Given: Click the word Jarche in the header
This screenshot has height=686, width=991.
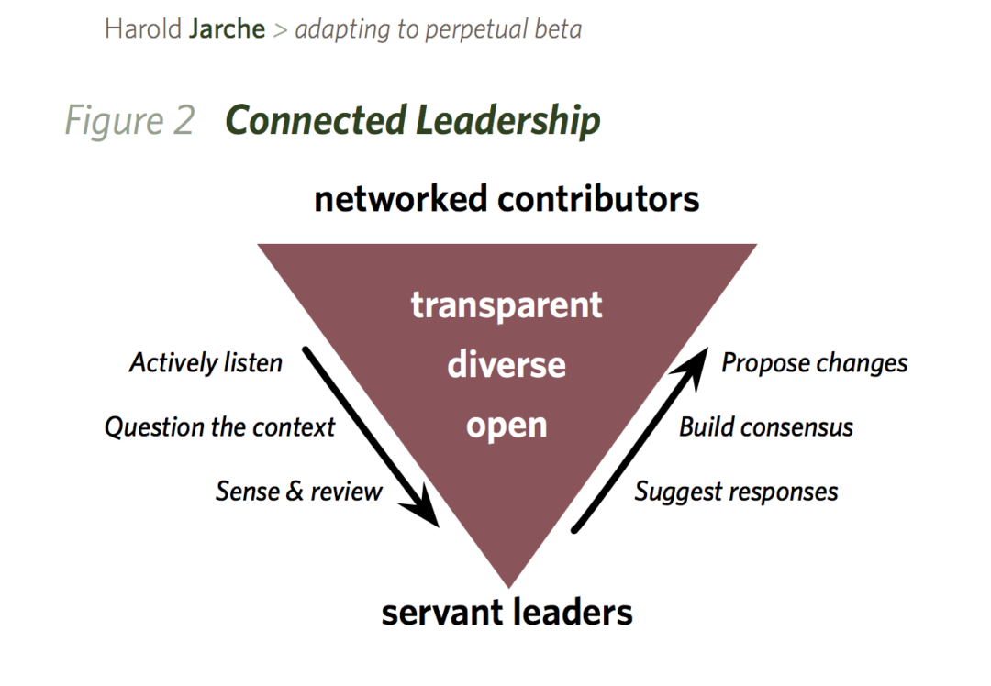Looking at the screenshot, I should pos(227,28).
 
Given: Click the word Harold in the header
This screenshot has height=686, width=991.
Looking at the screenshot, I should pos(143,28).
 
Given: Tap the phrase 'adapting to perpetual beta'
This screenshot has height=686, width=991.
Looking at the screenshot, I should pos(438,29).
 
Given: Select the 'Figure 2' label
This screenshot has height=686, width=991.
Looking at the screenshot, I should pos(129,121).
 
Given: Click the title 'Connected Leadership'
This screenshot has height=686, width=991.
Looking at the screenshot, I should pos(413,121).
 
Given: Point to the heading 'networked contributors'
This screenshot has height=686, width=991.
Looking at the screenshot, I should pos(507,199).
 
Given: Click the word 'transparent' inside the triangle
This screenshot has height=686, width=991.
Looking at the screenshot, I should pos(507,304).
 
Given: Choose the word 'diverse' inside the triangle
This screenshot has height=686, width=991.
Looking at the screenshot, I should pos(507,365).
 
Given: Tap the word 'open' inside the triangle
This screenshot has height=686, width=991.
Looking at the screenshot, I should pos(507,426).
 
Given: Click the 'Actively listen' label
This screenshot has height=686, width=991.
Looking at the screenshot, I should pos(206,363).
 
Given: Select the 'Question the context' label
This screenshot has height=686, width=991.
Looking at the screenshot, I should pos(219,427).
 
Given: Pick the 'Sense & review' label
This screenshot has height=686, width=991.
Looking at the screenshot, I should pos(298,492).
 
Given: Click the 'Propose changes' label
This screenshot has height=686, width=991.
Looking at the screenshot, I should pos(814,363).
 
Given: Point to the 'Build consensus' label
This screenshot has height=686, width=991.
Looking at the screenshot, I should pos(766,427).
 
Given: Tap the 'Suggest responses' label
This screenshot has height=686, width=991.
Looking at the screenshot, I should pos(736,492).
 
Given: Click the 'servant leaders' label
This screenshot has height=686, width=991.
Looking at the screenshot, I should pos(507,612).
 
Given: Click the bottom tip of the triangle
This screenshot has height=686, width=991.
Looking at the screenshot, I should pos(507,584).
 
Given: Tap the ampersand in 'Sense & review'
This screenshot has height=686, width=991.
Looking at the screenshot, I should pos(295,492).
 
